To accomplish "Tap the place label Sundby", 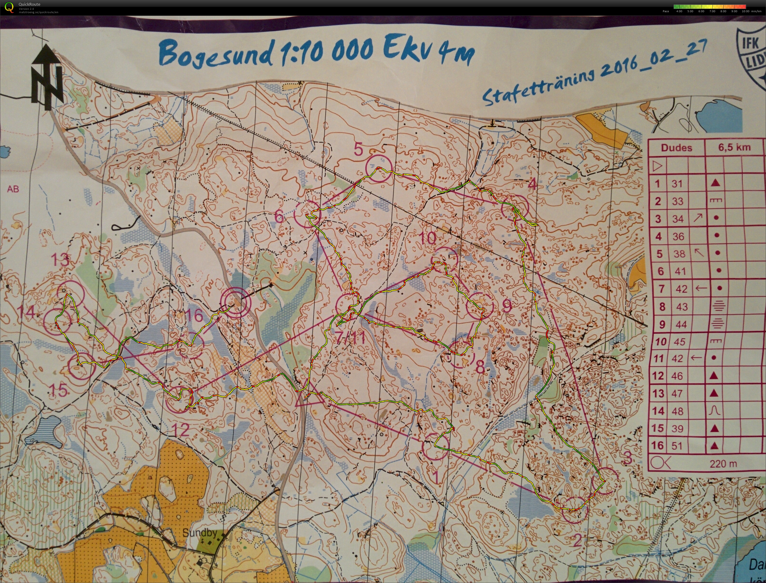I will (200, 533).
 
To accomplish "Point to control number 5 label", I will (358, 149).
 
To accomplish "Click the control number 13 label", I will (60, 259).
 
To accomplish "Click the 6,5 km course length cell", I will (734, 147).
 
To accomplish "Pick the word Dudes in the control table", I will (677, 147).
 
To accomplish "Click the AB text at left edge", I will (13, 189).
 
